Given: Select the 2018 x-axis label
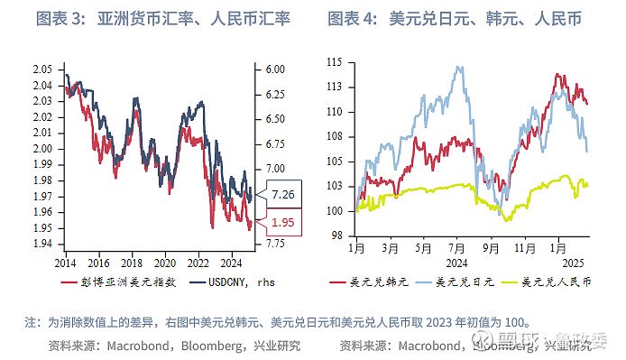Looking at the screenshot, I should pos(132,263).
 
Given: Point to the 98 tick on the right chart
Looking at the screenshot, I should pos(336,235).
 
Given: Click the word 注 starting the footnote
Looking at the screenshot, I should pos(31,321).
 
